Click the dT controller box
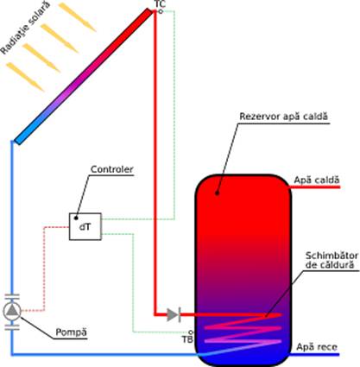85,226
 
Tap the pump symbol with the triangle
12,311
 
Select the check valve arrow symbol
174,314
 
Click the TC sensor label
160,4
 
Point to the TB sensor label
187,339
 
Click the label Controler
112,169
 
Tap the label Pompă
71,332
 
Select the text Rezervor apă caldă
284,117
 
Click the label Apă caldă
317,180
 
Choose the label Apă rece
317,347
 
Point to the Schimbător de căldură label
332,260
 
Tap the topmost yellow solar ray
77,17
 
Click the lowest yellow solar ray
25,77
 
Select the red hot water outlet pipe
315,187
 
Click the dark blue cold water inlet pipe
314,355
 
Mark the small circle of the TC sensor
161,11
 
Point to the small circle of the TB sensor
190,332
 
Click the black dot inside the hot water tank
218,193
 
